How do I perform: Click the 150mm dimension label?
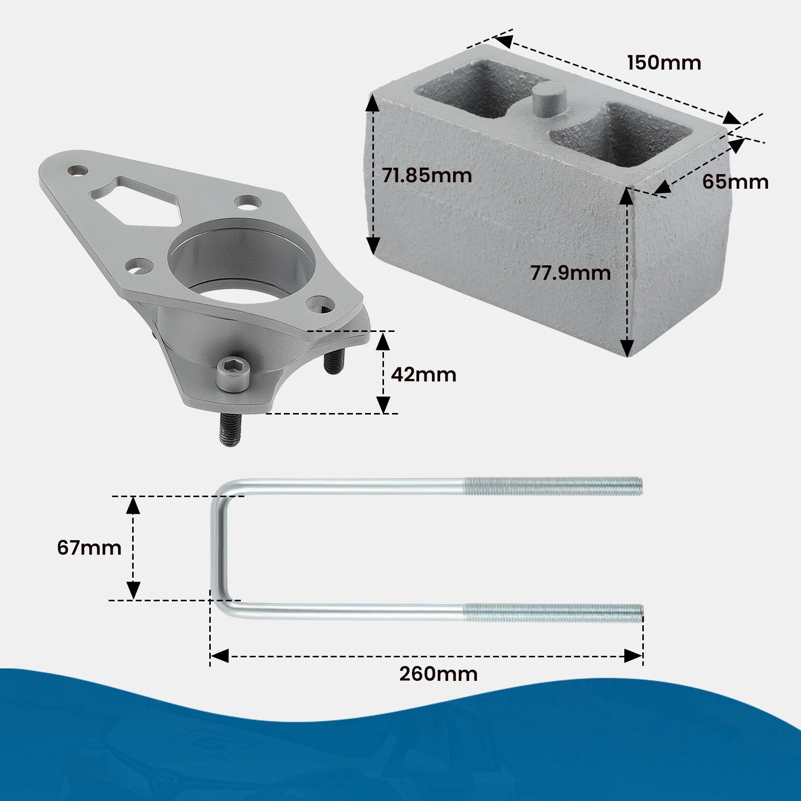(664, 63)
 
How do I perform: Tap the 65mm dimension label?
(735, 182)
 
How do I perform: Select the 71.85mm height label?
(427, 176)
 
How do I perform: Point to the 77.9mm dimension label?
(571, 273)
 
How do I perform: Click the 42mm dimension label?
(424, 374)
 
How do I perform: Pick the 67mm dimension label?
(89, 548)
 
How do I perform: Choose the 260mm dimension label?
(439, 674)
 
